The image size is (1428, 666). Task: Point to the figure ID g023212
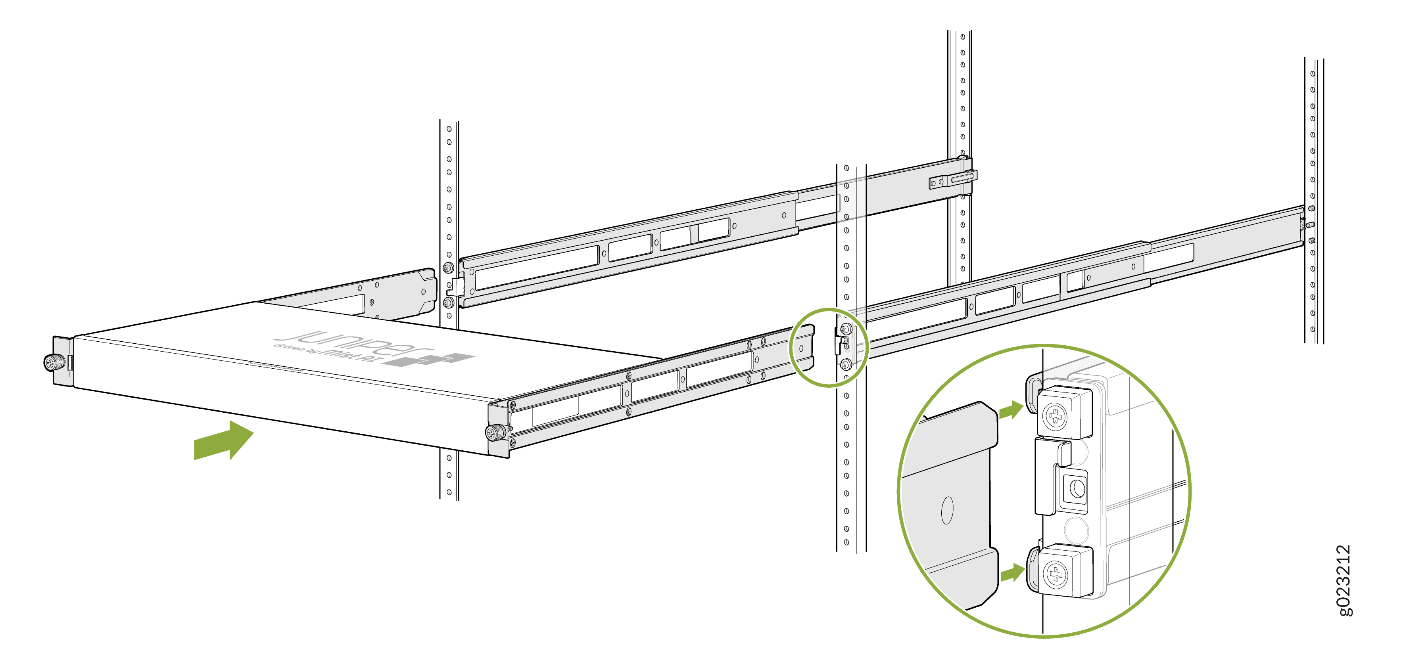pos(1345,580)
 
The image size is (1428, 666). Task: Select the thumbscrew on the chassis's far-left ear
pos(54,362)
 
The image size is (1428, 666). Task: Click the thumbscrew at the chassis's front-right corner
pos(493,432)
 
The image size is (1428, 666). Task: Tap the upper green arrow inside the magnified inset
pos(1011,411)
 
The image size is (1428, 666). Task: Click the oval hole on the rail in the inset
pos(947,510)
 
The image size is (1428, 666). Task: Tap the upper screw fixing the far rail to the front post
pos(448,268)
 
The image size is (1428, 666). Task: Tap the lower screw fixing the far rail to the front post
pos(448,302)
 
